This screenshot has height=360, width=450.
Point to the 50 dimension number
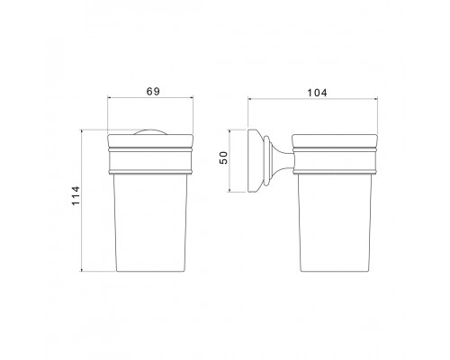click(x=229, y=163)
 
